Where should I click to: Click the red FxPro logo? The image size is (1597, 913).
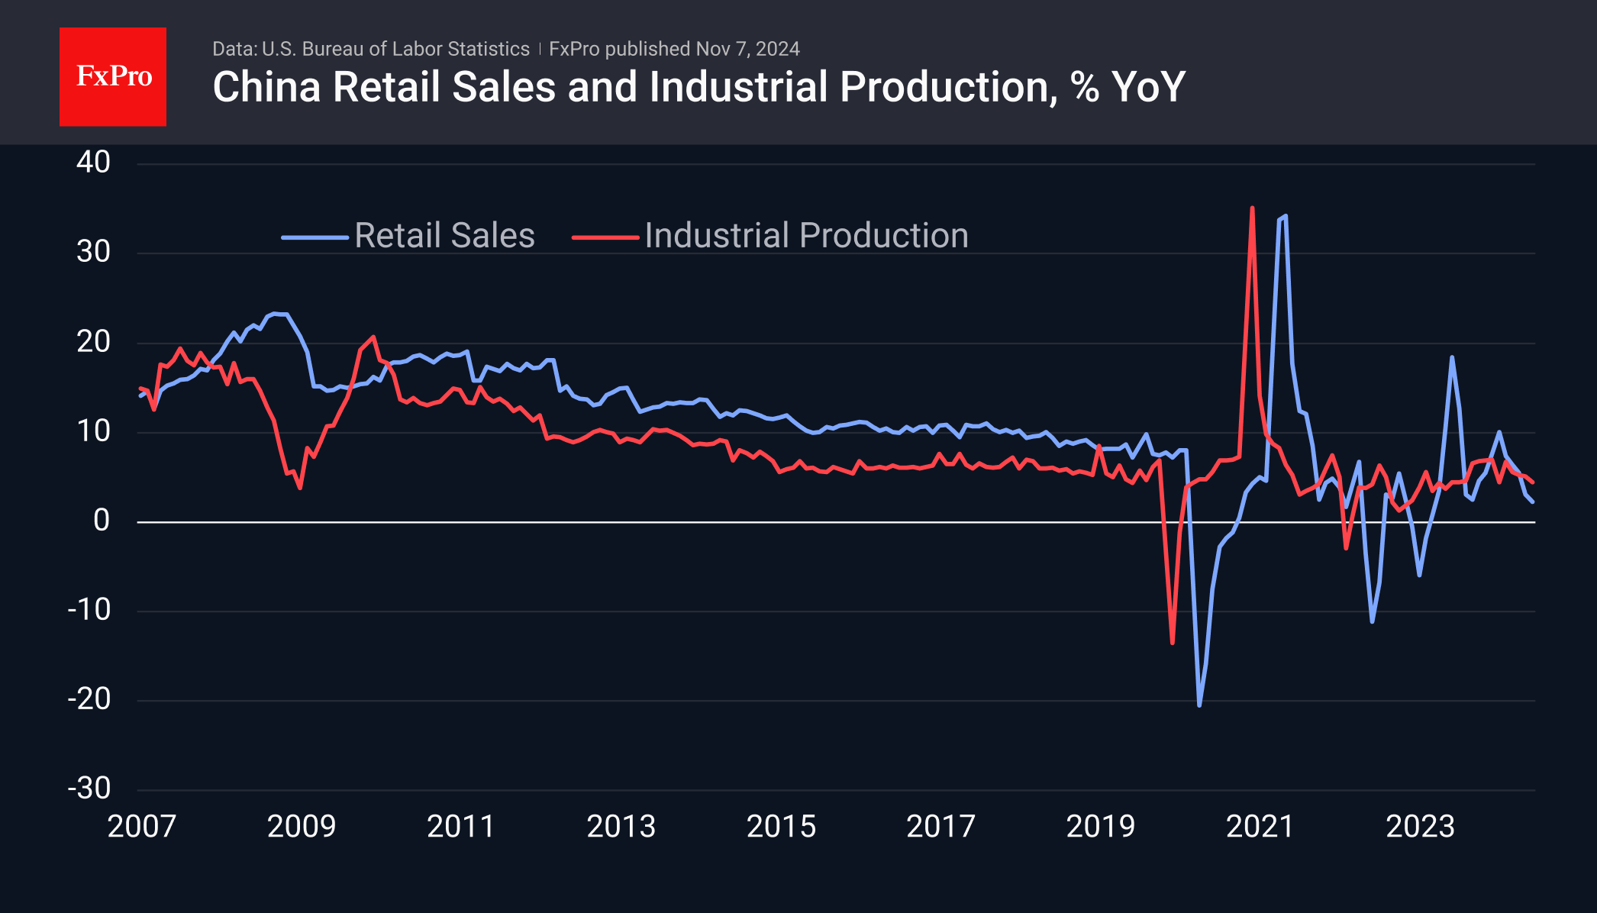pos(113,76)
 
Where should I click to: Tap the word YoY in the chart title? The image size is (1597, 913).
pos(1148,87)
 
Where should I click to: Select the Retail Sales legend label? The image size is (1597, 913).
pos(444,236)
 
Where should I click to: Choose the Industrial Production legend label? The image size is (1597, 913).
pos(806,236)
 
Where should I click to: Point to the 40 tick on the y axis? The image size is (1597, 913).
pos(93,163)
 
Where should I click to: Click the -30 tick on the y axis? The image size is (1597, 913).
pos(89,789)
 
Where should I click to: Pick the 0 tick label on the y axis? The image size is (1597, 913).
pos(102,521)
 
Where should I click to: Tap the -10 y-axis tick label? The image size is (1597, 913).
pos(89,610)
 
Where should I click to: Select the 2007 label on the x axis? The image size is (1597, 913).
pos(142,827)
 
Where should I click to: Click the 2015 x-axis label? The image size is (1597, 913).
pos(781,827)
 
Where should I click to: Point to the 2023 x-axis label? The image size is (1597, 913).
pos(1420,827)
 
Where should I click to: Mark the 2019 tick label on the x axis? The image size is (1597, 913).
pos(1100,827)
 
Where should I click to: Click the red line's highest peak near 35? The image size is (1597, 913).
pos(1252,208)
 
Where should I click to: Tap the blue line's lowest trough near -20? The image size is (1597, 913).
pos(1199,705)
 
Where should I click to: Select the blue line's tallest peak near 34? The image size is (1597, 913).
pos(1286,216)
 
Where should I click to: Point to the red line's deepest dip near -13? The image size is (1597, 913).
pos(1173,643)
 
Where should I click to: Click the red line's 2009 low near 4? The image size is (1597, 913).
pos(300,487)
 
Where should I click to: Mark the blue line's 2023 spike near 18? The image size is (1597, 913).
pos(1451,357)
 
